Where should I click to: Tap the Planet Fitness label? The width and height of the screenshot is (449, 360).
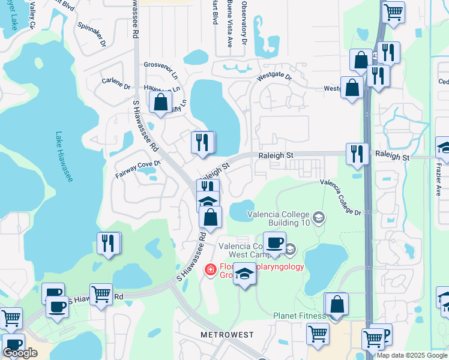(x=299, y=316)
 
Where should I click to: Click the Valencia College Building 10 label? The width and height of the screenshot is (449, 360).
(x=278, y=219)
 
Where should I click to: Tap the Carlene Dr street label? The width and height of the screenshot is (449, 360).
(x=116, y=83)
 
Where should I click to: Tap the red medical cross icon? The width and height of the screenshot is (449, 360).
(x=209, y=270)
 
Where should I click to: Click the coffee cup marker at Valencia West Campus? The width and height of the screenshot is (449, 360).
(x=274, y=242)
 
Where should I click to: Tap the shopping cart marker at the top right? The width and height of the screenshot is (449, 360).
(x=393, y=11)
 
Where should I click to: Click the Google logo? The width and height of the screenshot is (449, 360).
(x=20, y=353)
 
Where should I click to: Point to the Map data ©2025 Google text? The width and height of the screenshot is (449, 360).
(x=411, y=355)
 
